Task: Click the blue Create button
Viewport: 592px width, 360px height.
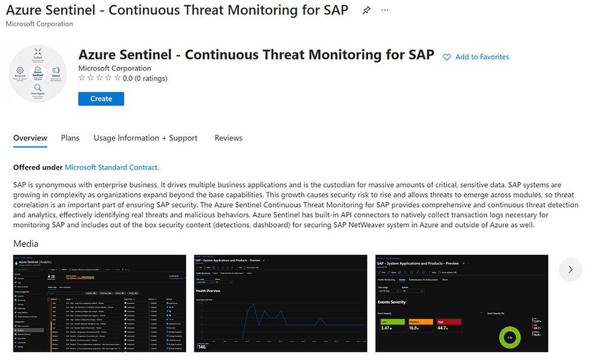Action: [101, 98]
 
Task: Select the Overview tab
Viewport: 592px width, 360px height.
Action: [30, 138]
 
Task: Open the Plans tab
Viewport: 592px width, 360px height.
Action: [70, 138]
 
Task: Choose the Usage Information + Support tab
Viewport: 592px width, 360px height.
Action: [145, 138]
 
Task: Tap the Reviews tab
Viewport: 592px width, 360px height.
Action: [228, 138]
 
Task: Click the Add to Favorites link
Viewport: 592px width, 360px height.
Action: [482, 57]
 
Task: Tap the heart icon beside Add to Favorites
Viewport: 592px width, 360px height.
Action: [447, 57]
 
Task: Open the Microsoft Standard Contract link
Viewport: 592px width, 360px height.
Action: [111, 168]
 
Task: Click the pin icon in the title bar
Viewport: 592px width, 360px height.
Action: [366, 11]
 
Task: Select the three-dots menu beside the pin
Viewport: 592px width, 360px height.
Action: [386, 11]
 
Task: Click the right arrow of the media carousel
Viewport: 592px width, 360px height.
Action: [570, 269]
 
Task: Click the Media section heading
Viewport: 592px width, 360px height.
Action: [25, 244]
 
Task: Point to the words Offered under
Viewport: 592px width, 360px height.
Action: [38, 168]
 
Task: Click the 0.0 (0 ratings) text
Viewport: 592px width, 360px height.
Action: [145, 78]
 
